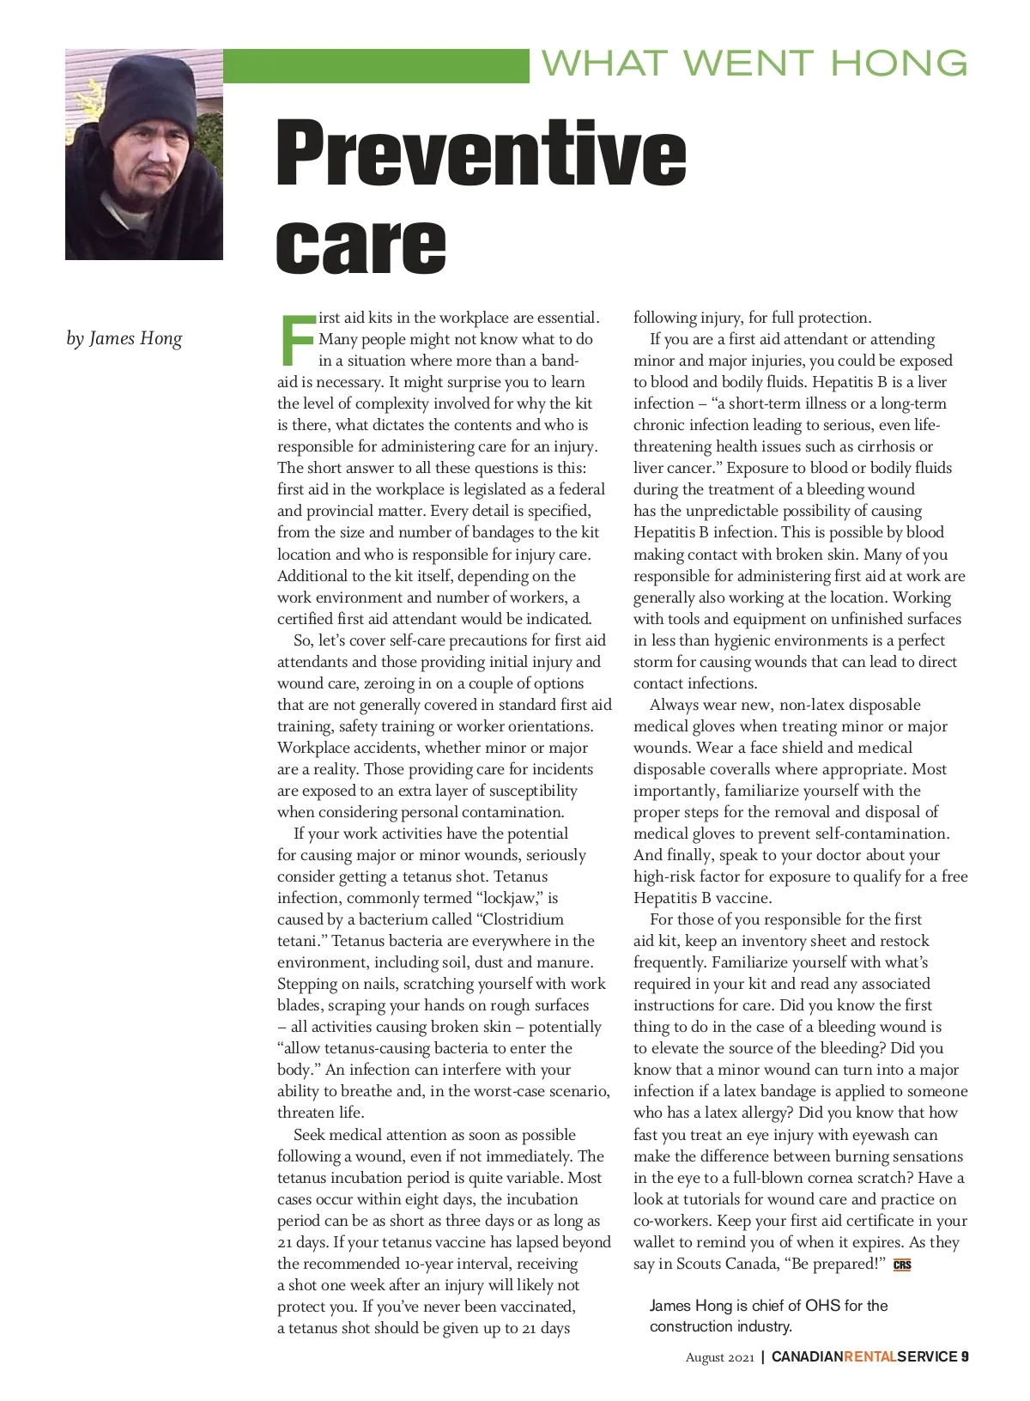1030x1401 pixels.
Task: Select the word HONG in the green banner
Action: pyautogui.click(x=899, y=64)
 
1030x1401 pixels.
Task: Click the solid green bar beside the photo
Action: pyautogui.click(x=376, y=66)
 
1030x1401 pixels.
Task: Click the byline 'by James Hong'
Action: pyautogui.click(x=124, y=338)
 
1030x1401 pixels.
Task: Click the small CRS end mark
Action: pyautogui.click(x=902, y=1265)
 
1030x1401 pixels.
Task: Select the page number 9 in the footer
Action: pyautogui.click(x=965, y=1356)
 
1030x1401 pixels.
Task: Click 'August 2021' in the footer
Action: pyautogui.click(x=719, y=1357)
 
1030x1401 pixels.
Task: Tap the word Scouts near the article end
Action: pyautogui.click(x=698, y=1264)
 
